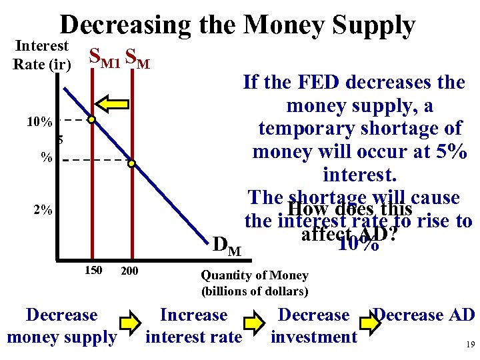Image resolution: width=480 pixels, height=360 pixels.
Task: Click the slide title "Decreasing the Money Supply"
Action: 237,25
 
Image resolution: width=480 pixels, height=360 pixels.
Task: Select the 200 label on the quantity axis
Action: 129,271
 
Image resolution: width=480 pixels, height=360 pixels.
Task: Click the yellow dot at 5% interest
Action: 132,163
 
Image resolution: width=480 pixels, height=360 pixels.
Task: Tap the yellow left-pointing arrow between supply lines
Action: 111,102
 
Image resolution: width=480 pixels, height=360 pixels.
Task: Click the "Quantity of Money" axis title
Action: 255,275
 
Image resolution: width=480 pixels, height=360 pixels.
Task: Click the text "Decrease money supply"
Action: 61,326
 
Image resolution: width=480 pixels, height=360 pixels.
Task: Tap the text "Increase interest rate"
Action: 193,326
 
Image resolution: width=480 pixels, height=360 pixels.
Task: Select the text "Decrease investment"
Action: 313,326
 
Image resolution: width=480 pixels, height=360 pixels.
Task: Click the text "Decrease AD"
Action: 424,315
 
